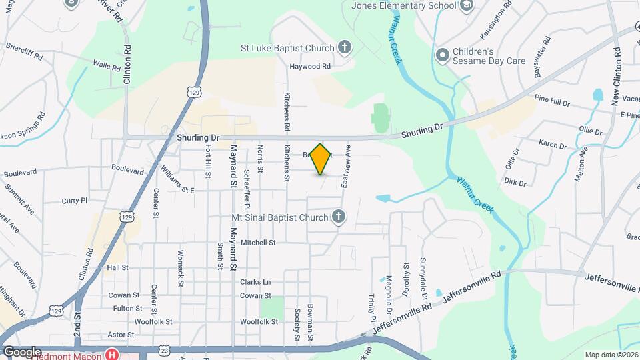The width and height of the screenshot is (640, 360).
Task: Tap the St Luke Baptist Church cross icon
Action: tap(344, 47)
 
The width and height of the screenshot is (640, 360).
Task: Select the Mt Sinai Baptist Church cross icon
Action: tap(339, 217)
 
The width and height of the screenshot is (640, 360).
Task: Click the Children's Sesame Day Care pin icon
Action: tap(441, 55)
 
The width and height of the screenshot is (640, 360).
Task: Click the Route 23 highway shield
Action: tap(164, 349)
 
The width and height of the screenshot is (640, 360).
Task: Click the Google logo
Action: tap(22, 351)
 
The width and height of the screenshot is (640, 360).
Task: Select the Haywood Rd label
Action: tap(310, 67)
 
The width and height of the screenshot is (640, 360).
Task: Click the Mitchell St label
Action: tap(258, 243)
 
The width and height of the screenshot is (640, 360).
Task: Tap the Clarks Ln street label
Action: tap(256, 282)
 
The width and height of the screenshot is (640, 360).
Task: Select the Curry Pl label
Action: tap(74, 200)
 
